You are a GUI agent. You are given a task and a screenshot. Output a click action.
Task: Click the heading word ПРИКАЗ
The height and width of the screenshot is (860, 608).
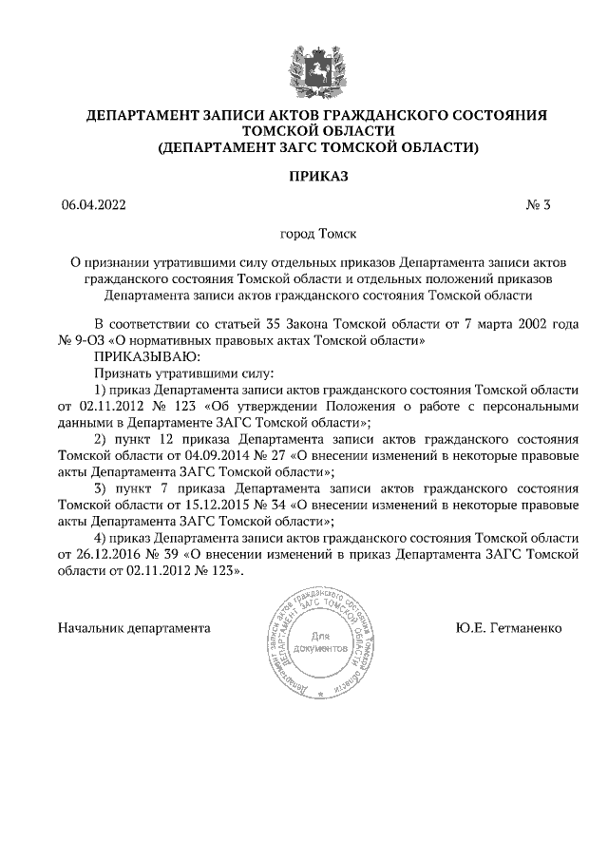(304, 176)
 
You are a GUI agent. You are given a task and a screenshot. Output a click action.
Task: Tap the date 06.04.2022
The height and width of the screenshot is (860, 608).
(92, 203)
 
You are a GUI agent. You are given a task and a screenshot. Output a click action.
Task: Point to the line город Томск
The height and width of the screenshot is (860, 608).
(304, 232)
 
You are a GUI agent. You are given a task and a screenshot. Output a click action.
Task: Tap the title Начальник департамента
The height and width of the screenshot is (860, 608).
(120, 629)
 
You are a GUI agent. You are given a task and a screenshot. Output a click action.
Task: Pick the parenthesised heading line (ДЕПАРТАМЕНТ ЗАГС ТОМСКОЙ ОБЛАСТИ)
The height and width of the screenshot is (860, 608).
(304, 147)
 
